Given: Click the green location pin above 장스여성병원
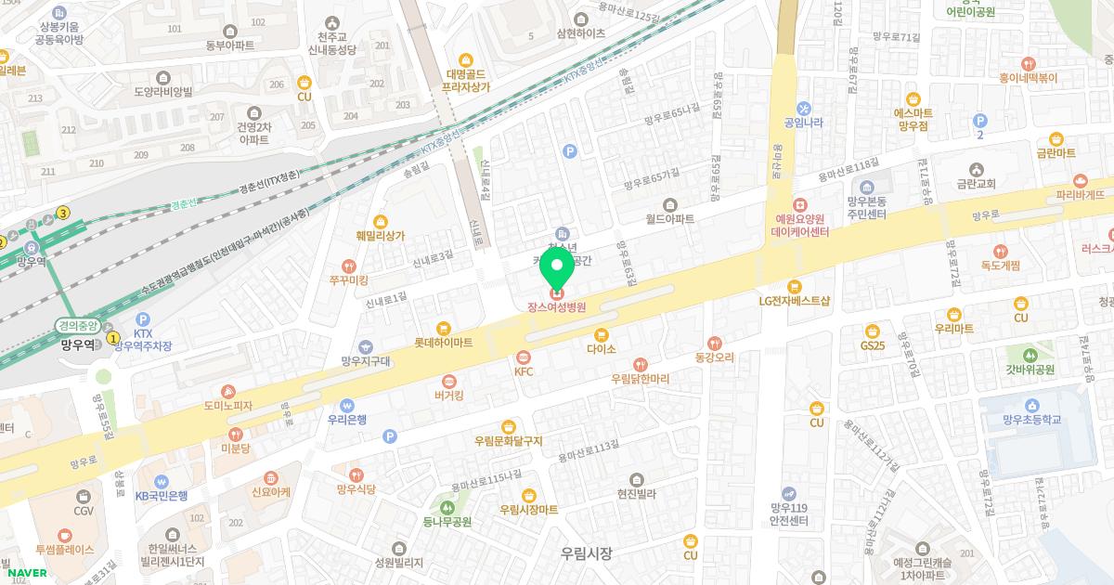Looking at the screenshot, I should pos(557,268).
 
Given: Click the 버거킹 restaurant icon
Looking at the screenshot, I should pos(449,381).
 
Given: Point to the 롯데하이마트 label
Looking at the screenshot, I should pos(444,343).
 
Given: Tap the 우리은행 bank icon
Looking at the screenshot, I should pos(347,405).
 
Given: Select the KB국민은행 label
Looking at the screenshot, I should pos(161,496).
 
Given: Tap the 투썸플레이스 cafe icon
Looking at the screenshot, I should pos(65,535).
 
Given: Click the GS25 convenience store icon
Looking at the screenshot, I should pos(873,331).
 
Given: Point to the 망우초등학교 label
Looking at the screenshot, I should pos(1030,420).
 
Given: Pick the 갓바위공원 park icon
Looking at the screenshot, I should pos(1030,355).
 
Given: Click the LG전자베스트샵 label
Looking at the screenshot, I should pos(794,301).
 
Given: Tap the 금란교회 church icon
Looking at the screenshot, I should pos(976,170).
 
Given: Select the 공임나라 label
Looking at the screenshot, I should pos(804,122).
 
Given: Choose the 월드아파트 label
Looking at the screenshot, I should pos(670,220).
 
